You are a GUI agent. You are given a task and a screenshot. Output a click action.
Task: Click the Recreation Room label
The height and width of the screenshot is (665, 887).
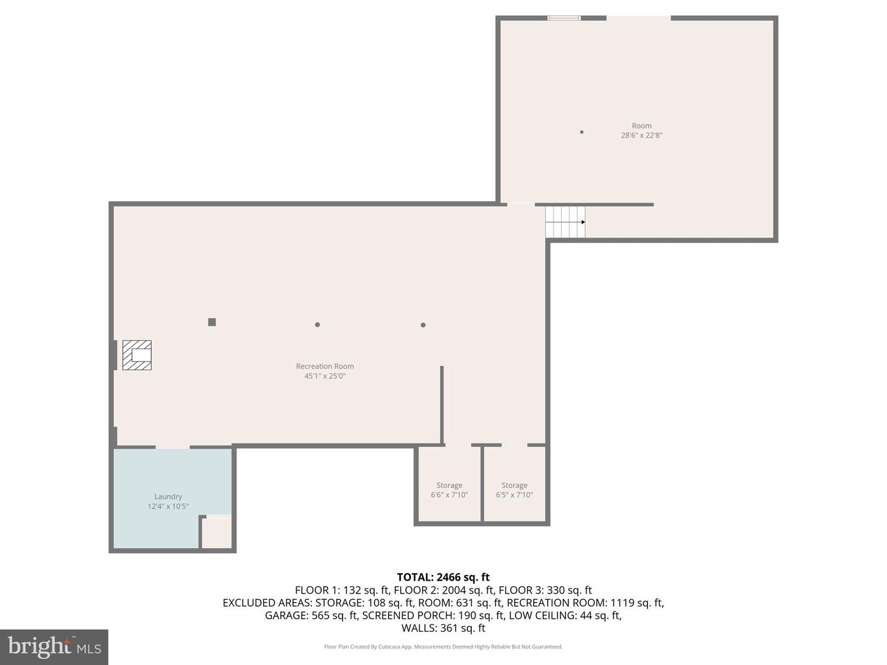click(x=325, y=366)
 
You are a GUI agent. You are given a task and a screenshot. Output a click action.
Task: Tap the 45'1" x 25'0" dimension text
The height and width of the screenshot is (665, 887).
click(x=325, y=376)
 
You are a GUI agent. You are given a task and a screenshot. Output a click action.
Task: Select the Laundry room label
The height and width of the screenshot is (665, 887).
click(x=168, y=497)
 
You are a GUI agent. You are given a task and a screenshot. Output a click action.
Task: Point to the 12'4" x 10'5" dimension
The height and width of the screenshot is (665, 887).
click(x=168, y=507)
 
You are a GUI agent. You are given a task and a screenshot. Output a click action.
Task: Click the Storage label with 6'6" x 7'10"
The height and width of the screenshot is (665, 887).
click(x=449, y=486)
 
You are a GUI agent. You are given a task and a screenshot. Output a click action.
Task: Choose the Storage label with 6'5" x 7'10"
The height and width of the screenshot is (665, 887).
click(x=514, y=486)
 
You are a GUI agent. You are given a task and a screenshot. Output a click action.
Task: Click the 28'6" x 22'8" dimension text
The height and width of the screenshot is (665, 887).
click(x=641, y=135)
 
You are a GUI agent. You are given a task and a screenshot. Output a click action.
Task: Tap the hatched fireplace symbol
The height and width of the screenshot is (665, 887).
click(x=137, y=355)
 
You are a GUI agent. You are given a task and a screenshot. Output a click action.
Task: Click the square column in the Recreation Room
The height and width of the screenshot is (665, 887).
click(x=212, y=322)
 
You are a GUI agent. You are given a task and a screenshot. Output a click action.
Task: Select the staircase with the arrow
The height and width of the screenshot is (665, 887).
click(x=565, y=222)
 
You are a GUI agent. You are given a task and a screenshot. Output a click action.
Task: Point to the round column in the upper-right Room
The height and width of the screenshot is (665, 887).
click(x=581, y=132)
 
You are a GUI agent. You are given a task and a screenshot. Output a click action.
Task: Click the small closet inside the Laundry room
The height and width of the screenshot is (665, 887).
click(x=217, y=533)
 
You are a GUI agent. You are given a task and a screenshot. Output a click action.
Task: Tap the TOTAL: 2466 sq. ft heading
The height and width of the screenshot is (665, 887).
click(x=443, y=577)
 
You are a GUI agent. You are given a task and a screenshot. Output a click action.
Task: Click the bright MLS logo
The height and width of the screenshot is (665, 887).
click(x=54, y=647)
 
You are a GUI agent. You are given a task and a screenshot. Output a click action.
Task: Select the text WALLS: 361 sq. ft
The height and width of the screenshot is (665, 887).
click(x=443, y=628)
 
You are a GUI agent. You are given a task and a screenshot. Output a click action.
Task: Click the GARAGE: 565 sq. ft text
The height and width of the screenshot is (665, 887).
click(x=311, y=615)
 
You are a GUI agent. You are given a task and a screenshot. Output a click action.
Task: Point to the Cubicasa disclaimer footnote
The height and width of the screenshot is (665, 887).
click(x=443, y=647)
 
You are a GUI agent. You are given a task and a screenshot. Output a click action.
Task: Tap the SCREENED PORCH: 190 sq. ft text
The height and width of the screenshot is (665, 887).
click(x=434, y=615)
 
